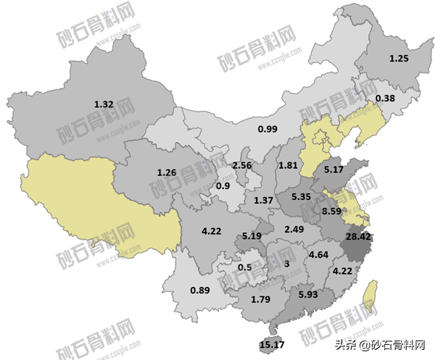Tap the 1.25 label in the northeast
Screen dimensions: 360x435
point(399,58)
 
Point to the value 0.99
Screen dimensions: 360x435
point(268,129)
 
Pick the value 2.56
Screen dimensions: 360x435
point(241,166)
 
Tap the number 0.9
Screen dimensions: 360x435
point(224,185)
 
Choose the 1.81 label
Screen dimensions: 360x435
point(288,165)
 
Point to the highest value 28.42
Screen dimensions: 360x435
point(359,238)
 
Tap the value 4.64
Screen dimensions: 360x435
point(319,254)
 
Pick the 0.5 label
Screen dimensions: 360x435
point(245,267)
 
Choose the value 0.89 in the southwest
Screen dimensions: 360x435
point(199,291)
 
